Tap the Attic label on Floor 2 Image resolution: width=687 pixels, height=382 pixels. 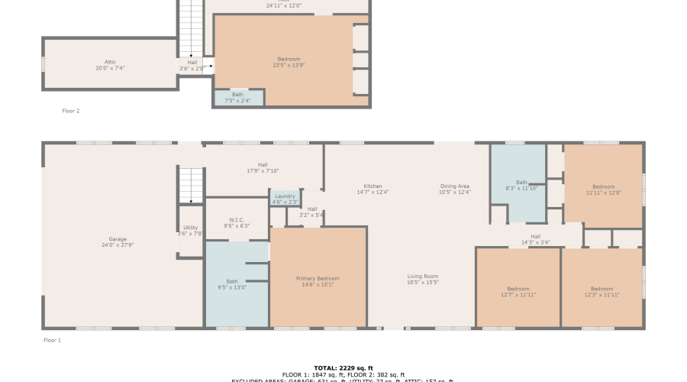(x=110, y=62)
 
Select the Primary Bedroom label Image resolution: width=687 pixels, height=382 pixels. (x=318, y=279)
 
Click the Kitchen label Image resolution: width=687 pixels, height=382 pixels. (x=373, y=186)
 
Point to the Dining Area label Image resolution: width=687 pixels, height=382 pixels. (x=455, y=186)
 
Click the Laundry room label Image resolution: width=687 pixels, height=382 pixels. (x=285, y=196)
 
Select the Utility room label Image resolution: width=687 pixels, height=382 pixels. (x=190, y=228)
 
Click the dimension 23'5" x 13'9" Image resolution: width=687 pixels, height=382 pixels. (x=289, y=65)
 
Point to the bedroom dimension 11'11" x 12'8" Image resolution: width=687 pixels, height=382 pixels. (x=604, y=193)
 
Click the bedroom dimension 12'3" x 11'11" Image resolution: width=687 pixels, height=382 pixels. (x=602, y=294)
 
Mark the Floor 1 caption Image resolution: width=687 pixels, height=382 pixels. (x=52, y=339)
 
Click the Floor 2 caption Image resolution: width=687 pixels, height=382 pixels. (x=71, y=111)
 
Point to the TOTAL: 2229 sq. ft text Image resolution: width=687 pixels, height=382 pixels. (x=343, y=368)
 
